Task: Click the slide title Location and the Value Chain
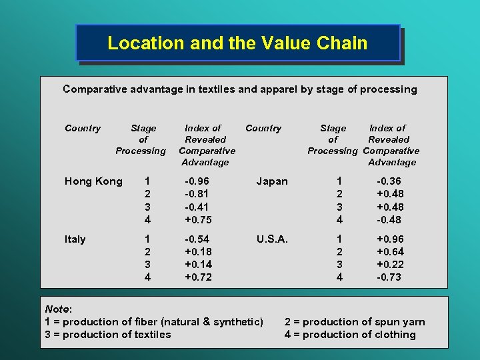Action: click(237, 43)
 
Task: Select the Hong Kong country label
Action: click(93, 181)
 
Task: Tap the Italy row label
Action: click(75, 239)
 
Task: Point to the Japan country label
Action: click(272, 181)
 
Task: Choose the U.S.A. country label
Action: click(273, 239)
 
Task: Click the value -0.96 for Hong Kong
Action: click(198, 181)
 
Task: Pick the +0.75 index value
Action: click(198, 219)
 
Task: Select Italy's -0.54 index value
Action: click(198, 239)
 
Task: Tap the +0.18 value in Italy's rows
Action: click(198, 251)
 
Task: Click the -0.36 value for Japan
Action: click(390, 181)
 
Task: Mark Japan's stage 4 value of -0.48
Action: click(390, 219)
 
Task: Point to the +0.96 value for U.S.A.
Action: click(390, 239)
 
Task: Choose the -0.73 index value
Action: click(390, 277)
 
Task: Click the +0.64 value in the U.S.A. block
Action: click(390, 251)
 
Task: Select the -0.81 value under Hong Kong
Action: click(198, 194)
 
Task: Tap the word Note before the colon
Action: click(57, 309)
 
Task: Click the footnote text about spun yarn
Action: click(355, 322)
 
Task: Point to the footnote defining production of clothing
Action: click(350, 335)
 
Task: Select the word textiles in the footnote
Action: click(151, 335)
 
